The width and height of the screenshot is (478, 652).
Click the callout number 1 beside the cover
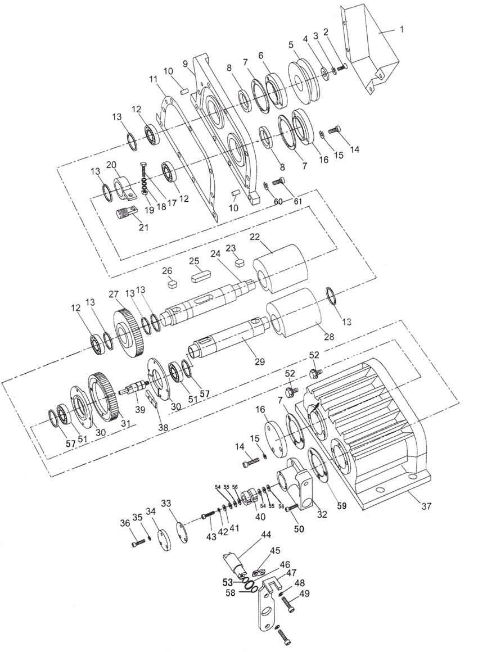[402, 29]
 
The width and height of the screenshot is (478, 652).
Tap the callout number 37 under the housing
[426, 506]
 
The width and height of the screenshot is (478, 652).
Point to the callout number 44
[265, 533]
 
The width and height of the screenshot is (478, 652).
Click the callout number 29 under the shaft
[259, 362]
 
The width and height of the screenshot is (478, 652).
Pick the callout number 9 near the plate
[185, 64]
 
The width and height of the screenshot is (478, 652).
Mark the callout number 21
[144, 228]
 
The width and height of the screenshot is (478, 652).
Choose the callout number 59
[341, 506]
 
